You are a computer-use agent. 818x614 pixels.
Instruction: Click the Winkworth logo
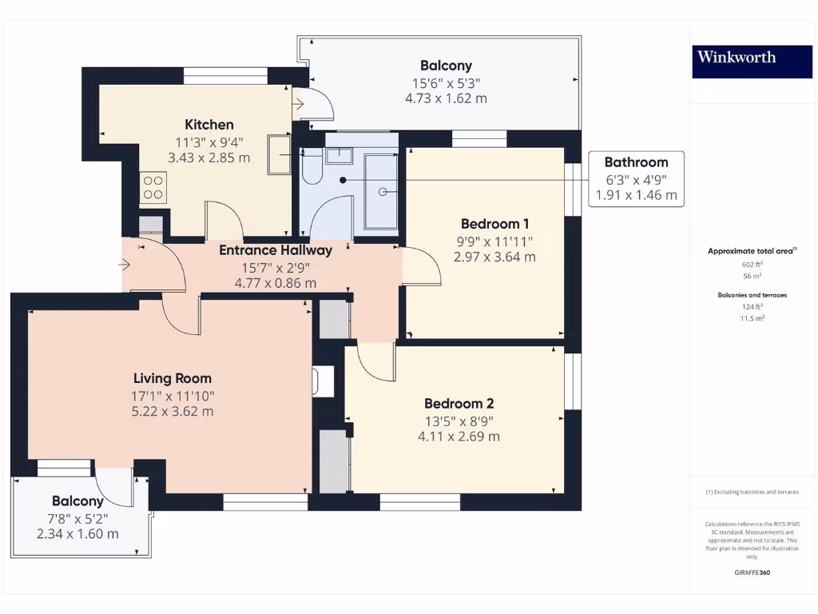pyautogui.click(x=736, y=57)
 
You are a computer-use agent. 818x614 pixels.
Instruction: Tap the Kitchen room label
pyautogui.click(x=209, y=125)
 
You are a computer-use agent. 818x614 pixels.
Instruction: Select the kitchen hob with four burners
pyautogui.click(x=153, y=188)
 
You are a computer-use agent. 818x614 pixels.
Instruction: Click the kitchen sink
pyautogui.click(x=280, y=154)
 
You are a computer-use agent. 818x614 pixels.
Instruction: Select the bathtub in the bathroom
pyautogui.click(x=381, y=192)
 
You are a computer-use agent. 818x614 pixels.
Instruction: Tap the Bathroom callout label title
pyautogui.click(x=636, y=161)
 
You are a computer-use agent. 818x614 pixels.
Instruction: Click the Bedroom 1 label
pyautogui.click(x=494, y=224)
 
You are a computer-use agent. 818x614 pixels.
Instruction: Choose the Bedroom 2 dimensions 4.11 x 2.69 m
pyautogui.click(x=459, y=437)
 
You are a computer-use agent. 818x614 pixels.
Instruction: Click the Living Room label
pyautogui.click(x=173, y=378)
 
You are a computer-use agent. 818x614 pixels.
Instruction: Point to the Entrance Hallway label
pyautogui.click(x=276, y=250)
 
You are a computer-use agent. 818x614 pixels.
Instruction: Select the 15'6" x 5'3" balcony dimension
pyautogui.click(x=446, y=83)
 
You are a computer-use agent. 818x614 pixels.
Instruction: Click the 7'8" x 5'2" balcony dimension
pyautogui.click(x=77, y=518)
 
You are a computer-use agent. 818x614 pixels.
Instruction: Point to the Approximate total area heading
pyautogui.click(x=751, y=251)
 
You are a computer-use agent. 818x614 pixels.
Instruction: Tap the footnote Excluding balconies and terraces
pyautogui.click(x=751, y=492)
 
